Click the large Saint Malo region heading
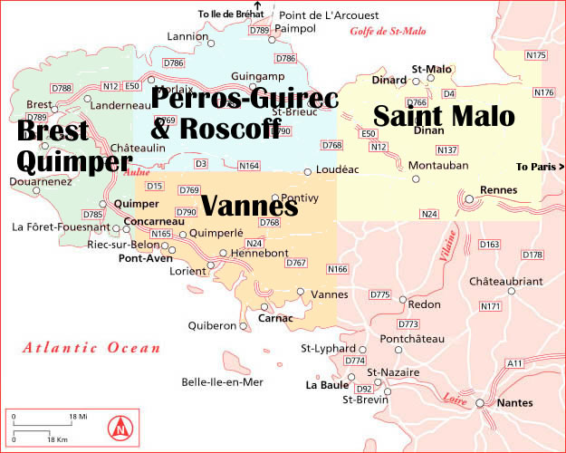point(444,116)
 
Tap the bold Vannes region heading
point(249,206)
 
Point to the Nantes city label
point(516,403)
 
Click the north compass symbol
point(118,425)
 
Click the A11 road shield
point(515,363)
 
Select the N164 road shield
point(248,166)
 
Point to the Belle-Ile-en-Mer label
point(222,382)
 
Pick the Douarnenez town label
point(37,181)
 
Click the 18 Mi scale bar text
point(79,417)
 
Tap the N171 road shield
point(490,306)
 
